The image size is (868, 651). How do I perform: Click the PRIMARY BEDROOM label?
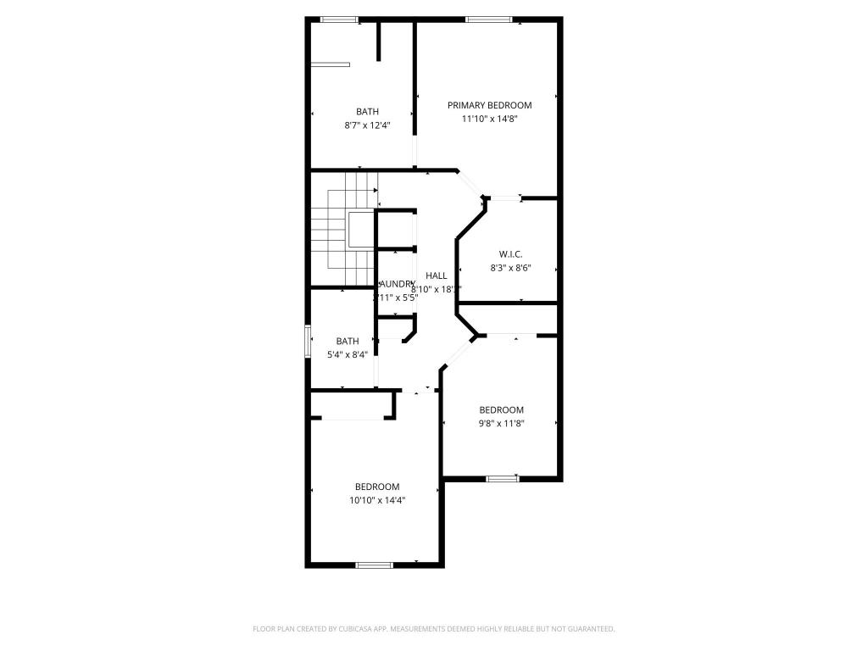(x=489, y=105)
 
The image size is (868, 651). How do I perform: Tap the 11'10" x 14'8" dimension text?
(x=489, y=120)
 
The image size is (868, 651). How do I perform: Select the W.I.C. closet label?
(x=509, y=254)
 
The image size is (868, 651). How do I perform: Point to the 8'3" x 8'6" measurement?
(x=509, y=268)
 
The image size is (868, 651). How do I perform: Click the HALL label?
(x=437, y=275)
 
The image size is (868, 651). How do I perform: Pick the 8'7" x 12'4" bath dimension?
(x=367, y=125)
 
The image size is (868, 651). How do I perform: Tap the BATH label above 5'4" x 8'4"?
(x=348, y=342)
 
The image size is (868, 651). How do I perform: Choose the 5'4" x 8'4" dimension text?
(x=348, y=355)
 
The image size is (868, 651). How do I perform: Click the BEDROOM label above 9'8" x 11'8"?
(x=501, y=410)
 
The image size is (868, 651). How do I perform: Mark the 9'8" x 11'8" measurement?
(x=501, y=424)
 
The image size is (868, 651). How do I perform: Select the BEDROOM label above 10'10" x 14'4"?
(x=377, y=487)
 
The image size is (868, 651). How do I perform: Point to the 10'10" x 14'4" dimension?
(x=377, y=500)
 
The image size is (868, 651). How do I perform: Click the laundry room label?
(x=397, y=284)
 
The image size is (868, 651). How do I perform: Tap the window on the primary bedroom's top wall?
(x=489, y=19)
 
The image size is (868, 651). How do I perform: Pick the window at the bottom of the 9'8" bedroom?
(x=503, y=479)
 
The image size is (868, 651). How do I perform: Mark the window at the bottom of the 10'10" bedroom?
(x=374, y=565)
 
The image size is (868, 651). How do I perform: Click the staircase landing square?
(x=360, y=230)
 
